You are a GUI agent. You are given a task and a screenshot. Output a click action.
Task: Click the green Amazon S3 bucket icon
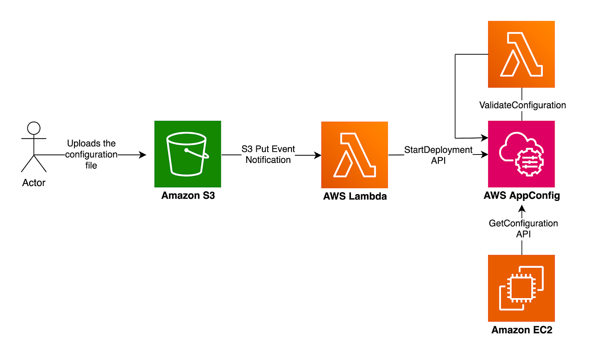coord(188,154)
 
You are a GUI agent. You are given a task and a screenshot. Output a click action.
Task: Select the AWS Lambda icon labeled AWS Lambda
coord(354,155)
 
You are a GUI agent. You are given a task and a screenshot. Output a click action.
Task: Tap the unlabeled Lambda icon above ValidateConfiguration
coord(521,54)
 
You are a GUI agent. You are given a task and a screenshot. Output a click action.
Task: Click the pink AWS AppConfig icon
coord(521,154)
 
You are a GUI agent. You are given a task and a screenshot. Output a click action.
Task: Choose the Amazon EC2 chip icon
coord(521,288)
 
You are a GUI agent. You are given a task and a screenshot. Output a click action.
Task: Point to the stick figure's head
coord(34,128)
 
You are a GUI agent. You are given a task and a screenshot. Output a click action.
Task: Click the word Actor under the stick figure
coord(34,183)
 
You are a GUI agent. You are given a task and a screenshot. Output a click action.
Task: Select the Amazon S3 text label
coord(188,196)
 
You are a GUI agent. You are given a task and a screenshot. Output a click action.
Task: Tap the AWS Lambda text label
coord(354,196)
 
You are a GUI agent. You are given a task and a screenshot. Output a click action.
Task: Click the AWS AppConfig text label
coord(521,196)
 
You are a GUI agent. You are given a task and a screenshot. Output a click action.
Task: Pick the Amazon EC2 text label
coord(521,330)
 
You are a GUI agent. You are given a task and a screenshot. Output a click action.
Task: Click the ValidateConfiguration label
coord(523,105)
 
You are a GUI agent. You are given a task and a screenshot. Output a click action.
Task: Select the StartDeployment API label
coord(438,155)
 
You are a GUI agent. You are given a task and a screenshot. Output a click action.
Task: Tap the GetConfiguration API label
coord(523,229)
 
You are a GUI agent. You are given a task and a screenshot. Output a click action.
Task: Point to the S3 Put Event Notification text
coord(268,155)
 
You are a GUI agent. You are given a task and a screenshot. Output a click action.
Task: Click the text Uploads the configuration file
coord(91,155)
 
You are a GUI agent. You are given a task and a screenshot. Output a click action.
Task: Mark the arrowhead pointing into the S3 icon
coord(143,155)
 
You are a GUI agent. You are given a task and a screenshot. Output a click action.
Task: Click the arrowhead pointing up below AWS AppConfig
coord(522,208)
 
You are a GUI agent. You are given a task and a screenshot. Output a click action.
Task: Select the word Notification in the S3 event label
coord(268,160)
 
